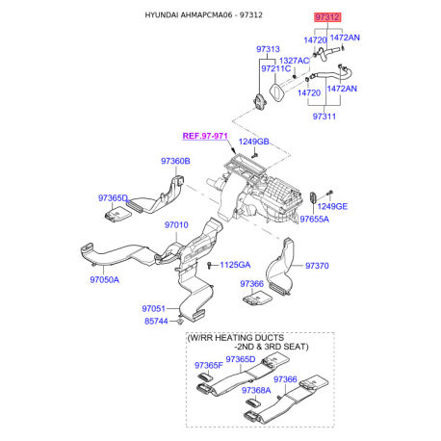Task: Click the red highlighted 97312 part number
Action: (x=327, y=17)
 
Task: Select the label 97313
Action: (x=268, y=49)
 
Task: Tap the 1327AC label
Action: (x=294, y=61)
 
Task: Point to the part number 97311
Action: (x=324, y=117)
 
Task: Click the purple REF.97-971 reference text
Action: (x=205, y=136)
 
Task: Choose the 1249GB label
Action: (x=253, y=142)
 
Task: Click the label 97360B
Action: (x=175, y=161)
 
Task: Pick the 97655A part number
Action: (x=315, y=220)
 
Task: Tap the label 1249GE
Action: (x=332, y=206)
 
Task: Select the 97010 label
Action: (x=176, y=225)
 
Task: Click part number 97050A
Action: (x=104, y=280)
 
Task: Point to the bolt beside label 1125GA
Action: (x=210, y=265)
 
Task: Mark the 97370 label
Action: (x=317, y=266)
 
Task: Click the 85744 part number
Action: (x=156, y=321)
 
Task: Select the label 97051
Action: (x=153, y=309)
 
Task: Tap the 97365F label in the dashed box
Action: (x=209, y=365)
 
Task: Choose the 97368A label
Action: (x=256, y=390)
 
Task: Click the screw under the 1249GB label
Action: (x=255, y=156)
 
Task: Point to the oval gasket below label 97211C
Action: (x=277, y=92)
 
